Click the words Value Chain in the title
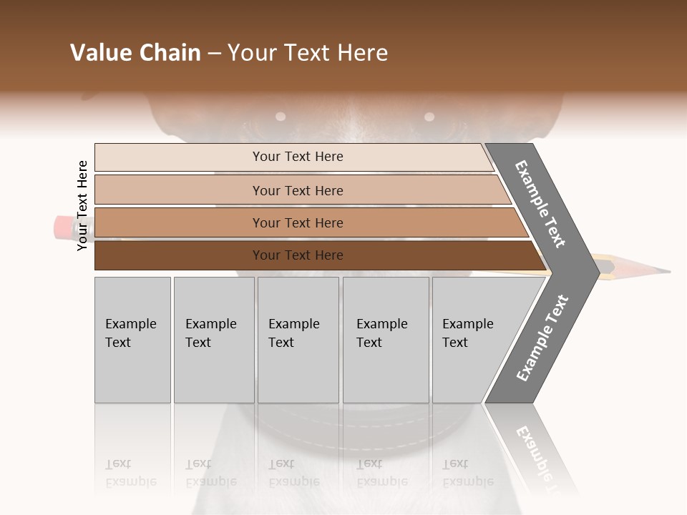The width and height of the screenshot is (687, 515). click(x=135, y=53)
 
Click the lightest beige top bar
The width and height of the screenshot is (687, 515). click(x=297, y=157)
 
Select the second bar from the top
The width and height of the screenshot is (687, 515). click(x=297, y=190)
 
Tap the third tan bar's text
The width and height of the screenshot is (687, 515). click(x=297, y=223)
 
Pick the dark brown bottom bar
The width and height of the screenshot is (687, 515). click(x=297, y=255)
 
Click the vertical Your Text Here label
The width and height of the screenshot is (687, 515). click(x=82, y=205)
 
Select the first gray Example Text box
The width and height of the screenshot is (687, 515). click(x=132, y=340)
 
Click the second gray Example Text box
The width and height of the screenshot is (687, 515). click(x=214, y=340)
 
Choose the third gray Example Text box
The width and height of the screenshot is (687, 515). click(x=298, y=340)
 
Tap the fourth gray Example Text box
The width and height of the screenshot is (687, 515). click(x=386, y=340)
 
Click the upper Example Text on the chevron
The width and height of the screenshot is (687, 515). click(x=541, y=203)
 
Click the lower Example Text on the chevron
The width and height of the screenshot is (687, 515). click(x=542, y=338)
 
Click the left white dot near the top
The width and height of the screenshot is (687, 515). click(x=281, y=116)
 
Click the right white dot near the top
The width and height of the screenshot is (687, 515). click(x=429, y=117)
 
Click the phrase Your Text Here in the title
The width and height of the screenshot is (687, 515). click(x=308, y=53)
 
